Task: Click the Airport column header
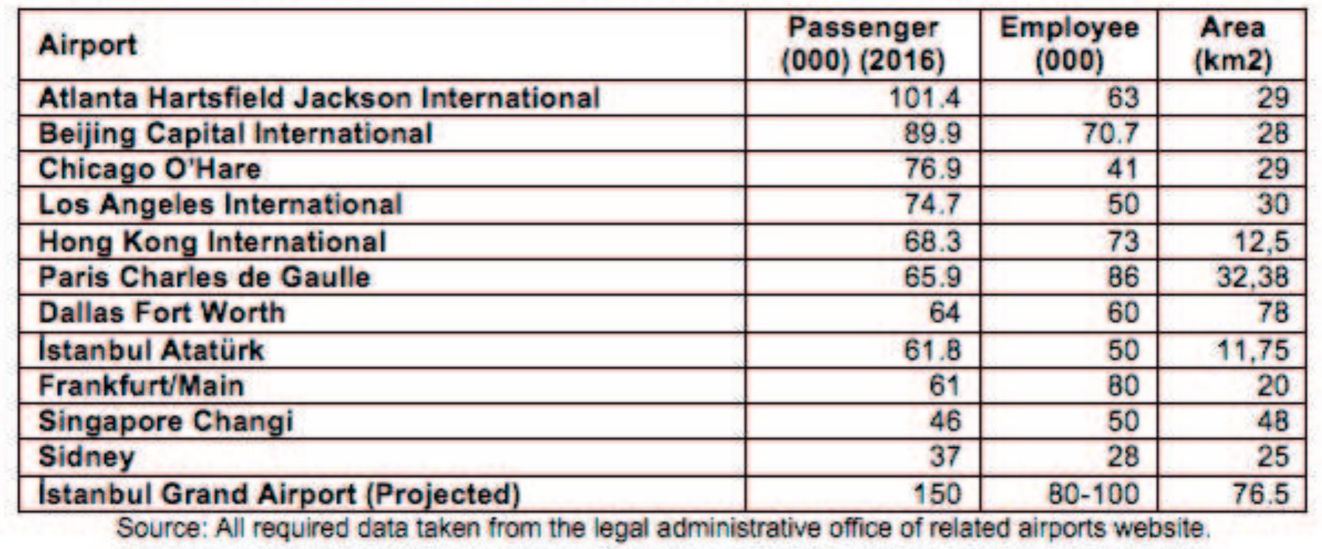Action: (87, 45)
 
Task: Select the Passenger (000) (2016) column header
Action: (863, 44)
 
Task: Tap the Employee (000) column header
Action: (1069, 44)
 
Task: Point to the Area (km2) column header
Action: (1233, 44)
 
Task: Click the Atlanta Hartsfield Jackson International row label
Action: (319, 98)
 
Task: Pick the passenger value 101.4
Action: (924, 98)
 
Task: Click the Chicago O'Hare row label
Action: (150, 169)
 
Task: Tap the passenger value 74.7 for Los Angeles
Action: (933, 204)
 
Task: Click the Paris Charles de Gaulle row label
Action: (204, 277)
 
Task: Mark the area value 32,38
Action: (1252, 277)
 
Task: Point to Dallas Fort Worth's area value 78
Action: (1273, 313)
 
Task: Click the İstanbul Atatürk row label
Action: (151, 350)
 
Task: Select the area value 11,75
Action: (1252, 350)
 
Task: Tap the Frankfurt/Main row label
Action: (141, 385)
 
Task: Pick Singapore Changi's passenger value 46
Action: (945, 421)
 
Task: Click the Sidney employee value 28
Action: (1122, 456)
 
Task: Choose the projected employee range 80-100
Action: (1093, 494)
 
